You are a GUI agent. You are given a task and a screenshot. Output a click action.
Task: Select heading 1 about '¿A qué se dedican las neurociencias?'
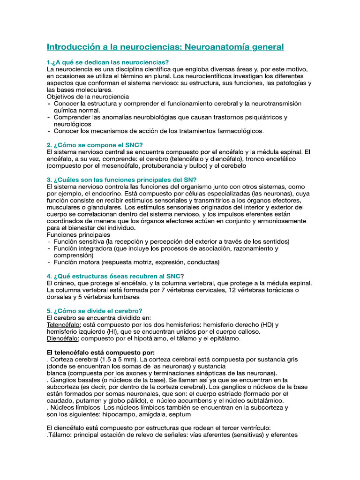108,62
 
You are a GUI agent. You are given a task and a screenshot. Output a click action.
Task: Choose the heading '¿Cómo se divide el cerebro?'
94,310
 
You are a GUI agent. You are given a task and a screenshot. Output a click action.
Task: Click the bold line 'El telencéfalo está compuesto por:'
100,352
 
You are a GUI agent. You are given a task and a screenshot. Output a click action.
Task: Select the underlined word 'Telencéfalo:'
64,324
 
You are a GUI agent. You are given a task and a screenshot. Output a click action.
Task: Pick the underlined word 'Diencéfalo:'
63,338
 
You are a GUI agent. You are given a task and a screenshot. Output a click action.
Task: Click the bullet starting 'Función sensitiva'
172,241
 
